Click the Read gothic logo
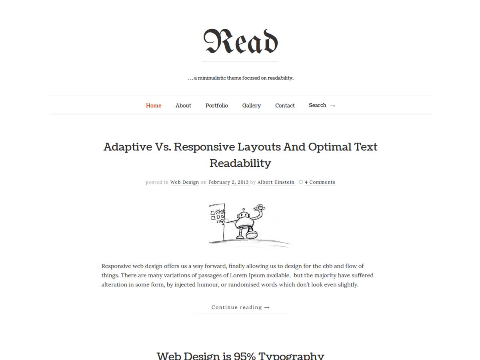tap(240, 42)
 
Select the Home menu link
tap(154, 106)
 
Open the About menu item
tap(183, 106)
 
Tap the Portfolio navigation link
tap(217, 106)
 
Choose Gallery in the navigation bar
tap(252, 106)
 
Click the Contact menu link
tap(285, 106)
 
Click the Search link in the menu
tap(318, 105)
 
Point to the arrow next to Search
tap(332, 106)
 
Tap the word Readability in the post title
tap(240, 163)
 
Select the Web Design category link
tap(184, 182)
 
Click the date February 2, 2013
tap(228, 182)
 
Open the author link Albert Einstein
tap(276, 182)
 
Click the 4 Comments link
tap(320, 182)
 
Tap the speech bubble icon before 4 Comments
tap(301, 182)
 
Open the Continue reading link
tap(240, 307)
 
